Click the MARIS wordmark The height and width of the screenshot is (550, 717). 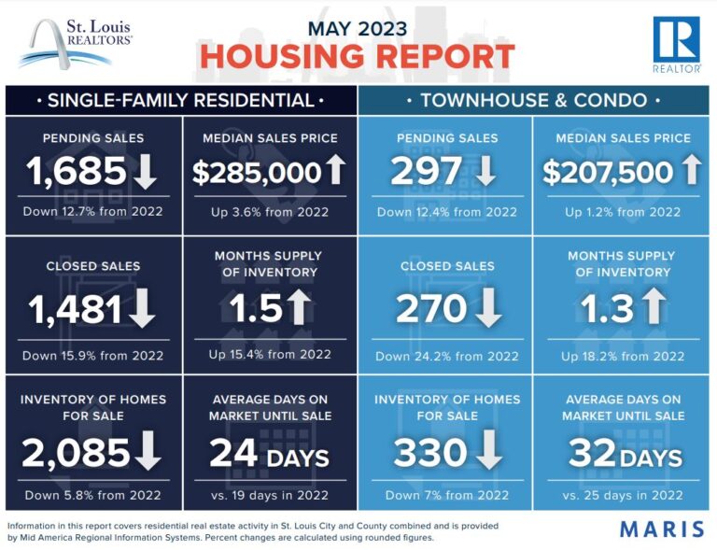click(x=662, y=529)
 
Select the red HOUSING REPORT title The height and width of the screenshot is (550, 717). click(x=358, y=56)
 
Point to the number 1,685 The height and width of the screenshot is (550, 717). click(x=76, y=172)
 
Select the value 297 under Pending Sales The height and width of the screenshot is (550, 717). click(x=427, y=172)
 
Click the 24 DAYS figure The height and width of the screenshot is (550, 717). click(x=269, y=455)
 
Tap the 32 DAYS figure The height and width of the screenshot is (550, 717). click(x=625, y=455)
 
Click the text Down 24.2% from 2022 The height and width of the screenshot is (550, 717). click(x=446, y=356)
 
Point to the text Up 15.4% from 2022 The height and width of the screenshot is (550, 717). click(x=270, y=354)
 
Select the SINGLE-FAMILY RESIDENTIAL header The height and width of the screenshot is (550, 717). click(x=180, y=99)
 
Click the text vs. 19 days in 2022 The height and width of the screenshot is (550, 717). click(x=270, y=495)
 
